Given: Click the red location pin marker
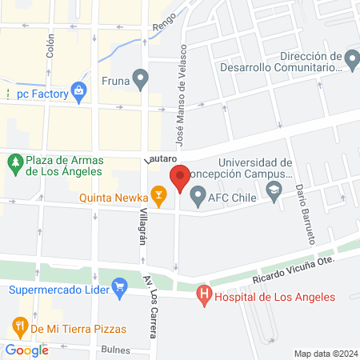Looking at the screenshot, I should click(180, 178).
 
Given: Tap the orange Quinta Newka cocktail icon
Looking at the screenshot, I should click(159, 193).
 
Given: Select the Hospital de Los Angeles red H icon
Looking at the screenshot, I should click(205, 297).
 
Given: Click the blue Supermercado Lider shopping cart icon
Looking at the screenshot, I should click(120, 286).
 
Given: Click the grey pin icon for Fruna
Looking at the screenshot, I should click(141, 79).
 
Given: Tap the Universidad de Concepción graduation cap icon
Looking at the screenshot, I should click(275, 191).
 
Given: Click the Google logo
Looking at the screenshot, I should click(27, 350).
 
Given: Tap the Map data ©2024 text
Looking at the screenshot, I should click(325, 353).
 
